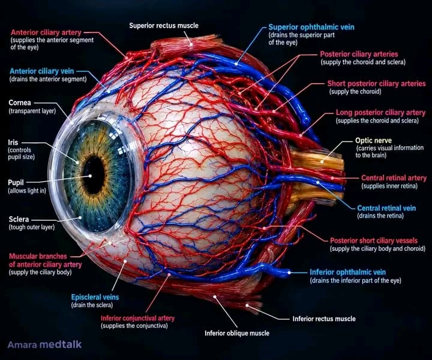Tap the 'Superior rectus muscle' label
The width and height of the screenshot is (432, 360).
click(164, 26)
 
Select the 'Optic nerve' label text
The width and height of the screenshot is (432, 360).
click(373, 140)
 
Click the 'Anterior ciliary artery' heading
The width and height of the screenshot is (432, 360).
click(46, 32)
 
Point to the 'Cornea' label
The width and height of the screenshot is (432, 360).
click(20, 103)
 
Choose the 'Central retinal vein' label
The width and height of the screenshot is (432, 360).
click(386, 208)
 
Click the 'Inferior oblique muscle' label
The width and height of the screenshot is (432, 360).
click(237, 333)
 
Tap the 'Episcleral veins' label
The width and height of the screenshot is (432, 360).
click(95, 297)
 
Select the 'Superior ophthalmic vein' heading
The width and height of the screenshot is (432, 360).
click(311, 27)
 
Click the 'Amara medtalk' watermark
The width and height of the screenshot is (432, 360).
click(44, 344)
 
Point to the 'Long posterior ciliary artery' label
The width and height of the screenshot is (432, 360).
click(380, 113)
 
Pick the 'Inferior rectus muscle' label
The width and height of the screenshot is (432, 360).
click(324, 319)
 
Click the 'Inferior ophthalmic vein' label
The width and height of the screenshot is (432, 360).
click(347, 272)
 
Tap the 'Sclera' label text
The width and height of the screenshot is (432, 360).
click(19, 219)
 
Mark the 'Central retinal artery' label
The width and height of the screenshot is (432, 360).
click(394, 178)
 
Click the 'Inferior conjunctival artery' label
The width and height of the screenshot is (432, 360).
click(138, 318)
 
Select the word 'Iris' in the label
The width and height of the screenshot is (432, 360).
click(13, 142)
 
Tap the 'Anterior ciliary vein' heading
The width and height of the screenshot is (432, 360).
click(42, 71)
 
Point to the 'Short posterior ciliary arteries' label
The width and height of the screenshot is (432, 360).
click(376, 83)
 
